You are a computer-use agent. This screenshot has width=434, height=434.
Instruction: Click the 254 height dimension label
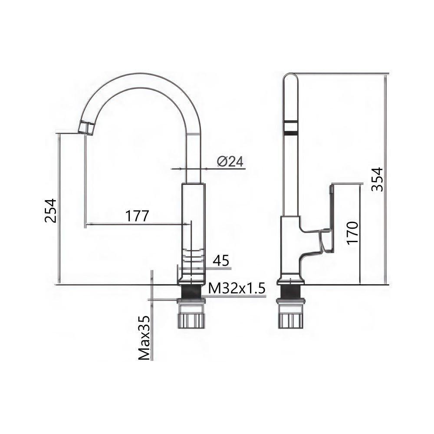pos(51,210)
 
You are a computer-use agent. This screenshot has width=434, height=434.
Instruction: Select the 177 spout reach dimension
pos(137,216)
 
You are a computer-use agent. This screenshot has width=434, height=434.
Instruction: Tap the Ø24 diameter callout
pos(230,161)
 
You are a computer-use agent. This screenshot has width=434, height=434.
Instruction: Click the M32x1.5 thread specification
pos(236,288)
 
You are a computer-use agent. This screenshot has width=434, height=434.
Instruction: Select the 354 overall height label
pos(377,179)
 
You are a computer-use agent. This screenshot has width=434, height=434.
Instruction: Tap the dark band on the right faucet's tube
pos(290,127)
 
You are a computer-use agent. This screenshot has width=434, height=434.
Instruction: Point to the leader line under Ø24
pos(208,168)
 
